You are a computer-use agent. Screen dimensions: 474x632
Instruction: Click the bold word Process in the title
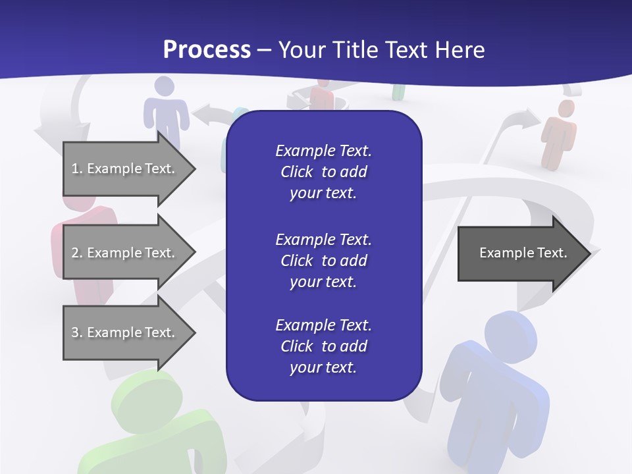(x=207, y=50)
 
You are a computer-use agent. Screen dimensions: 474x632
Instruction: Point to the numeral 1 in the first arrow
(x=74, y=169)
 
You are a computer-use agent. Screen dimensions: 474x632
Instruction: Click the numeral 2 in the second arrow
(x=75, y=253)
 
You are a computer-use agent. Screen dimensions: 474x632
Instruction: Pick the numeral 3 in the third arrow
(x=75, y=332)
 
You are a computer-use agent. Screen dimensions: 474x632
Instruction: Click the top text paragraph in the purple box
(x=323, y=172)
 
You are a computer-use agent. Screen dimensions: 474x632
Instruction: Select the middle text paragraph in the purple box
(x=323, y=260)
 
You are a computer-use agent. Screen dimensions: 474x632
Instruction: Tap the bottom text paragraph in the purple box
(x=323, y=346)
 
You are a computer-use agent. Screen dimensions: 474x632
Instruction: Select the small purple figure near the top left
(x=165, y=109)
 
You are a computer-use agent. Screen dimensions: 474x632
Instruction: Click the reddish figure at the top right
(x=559, y=132)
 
